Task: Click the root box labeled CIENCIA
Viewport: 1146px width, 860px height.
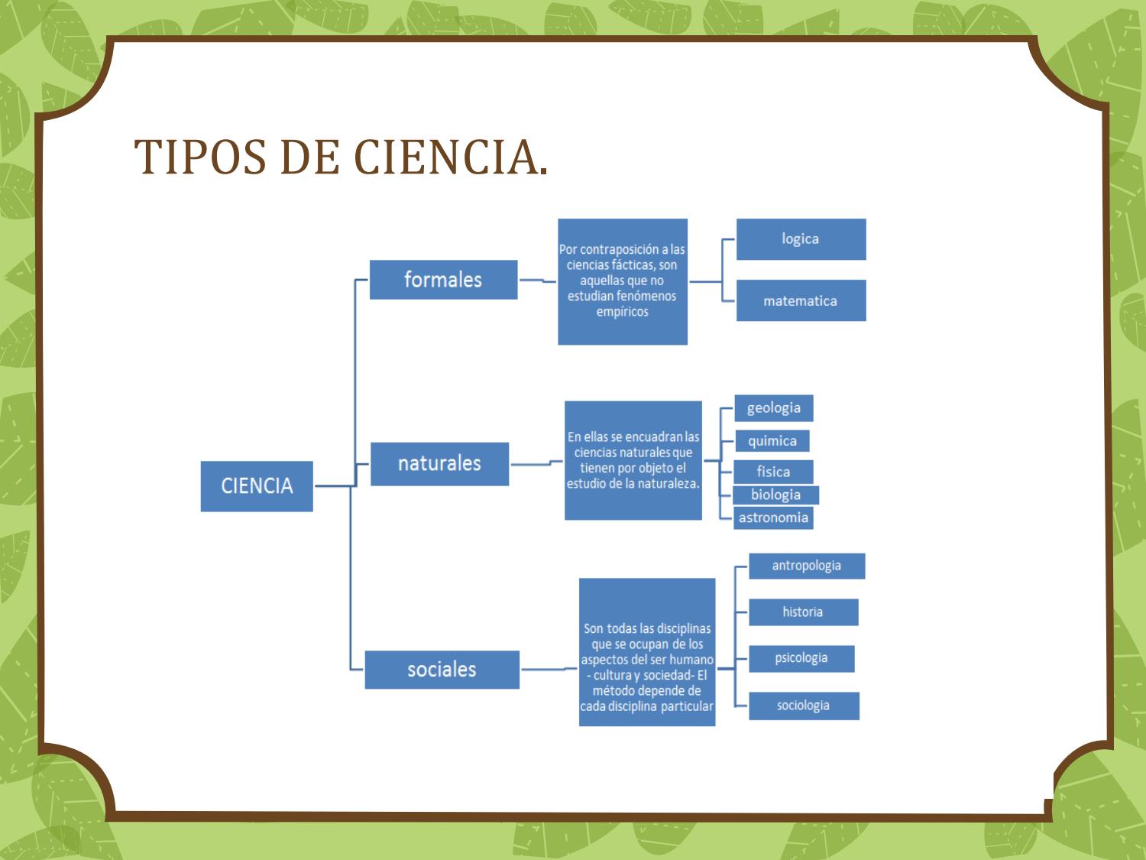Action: [257, 486]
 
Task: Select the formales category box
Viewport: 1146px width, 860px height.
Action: [443, 280]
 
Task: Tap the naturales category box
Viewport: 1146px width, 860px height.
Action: [439, 463]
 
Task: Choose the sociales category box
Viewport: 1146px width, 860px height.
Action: [442, 670]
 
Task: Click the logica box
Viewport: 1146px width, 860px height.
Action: [801, 239]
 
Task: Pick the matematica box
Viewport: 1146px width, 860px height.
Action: [801, 300]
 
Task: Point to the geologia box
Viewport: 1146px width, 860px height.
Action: [774, 408]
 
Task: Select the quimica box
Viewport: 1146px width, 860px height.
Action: [772, 441]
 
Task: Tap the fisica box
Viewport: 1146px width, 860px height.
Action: [773, 472]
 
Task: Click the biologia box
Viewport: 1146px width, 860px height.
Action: [775, 495]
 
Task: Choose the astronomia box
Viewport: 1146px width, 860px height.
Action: [773, 518]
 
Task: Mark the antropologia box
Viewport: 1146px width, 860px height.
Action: [806, 566]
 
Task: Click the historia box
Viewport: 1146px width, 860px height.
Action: [803, 612]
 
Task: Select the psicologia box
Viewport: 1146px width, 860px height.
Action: [801, 658]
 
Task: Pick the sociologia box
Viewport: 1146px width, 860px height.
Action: [804, 706]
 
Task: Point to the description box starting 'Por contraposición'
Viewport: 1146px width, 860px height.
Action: [622, 281]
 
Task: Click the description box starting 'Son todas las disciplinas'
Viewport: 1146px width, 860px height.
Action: [647, 652]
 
